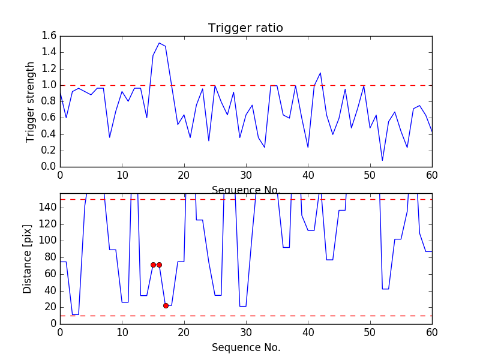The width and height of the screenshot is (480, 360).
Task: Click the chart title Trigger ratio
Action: pos(245,28)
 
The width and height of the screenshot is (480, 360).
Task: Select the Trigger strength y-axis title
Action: pos(31,101)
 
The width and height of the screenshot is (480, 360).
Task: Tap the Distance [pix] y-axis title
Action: pos(28,259)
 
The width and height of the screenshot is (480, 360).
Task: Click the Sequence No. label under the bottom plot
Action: pos(245,347)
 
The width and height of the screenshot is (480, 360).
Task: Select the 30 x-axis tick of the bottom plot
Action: pos(246,332)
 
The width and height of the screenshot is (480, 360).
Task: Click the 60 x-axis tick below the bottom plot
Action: pos(432,332)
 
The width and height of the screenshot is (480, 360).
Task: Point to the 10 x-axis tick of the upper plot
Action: pos(122,175)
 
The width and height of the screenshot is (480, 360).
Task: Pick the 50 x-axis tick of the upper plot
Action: pos(370,175)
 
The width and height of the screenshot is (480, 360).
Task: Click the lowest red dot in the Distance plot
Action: pos(166,305)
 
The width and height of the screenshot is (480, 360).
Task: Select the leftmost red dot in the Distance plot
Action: pos(153,265)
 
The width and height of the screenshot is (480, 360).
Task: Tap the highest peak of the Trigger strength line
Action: pos(159,43)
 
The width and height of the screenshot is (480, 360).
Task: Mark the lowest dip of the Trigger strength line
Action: pos(382,160)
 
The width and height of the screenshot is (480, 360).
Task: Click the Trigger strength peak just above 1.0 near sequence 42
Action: pos(320,73)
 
